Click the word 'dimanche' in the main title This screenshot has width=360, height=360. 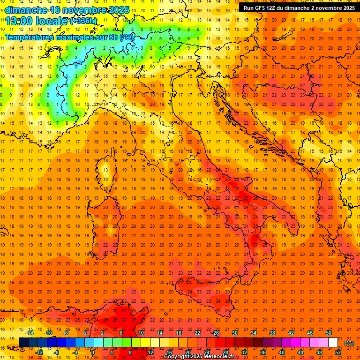point(25,10)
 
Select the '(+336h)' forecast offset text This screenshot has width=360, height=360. point(83,21)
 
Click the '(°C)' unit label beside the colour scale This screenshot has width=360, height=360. point(349,343)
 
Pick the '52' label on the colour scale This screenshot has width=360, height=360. point(338,352)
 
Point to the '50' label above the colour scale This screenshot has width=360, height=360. point(329,333)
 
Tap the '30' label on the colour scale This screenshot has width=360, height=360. point(234,333)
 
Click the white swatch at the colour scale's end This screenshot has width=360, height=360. point(333,343)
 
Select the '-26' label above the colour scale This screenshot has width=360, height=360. point(215,333)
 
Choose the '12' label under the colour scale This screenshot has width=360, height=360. point(150,352)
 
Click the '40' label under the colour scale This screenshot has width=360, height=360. point(282,352)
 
